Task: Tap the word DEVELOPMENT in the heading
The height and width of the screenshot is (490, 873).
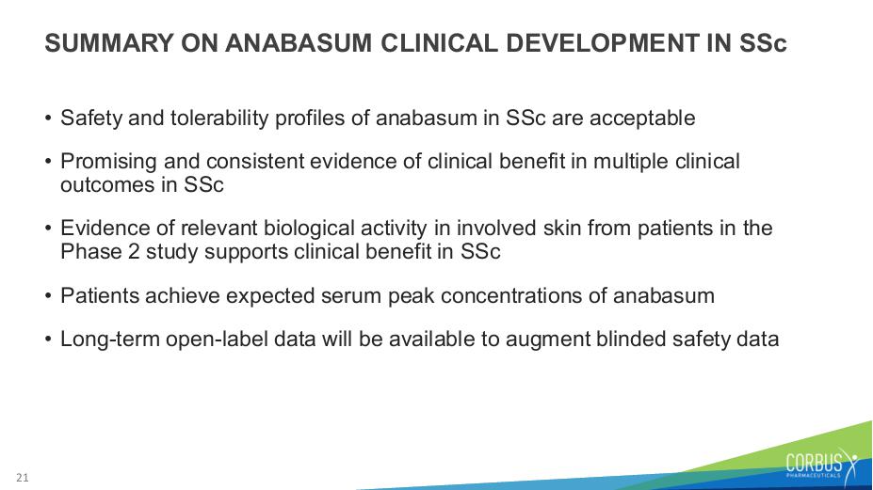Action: click(603, 43)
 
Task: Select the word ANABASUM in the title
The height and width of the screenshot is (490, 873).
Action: click(299, 43)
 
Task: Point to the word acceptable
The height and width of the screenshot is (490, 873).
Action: click(642, 119)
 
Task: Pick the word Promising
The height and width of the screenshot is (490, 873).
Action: click(108, 162)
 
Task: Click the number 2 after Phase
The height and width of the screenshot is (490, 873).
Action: click(134, 251)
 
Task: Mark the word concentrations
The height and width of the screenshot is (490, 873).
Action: click(511, 296)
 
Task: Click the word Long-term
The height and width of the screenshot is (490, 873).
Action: click(109, 340)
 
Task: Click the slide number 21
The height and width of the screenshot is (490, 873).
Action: click(23, 478)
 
